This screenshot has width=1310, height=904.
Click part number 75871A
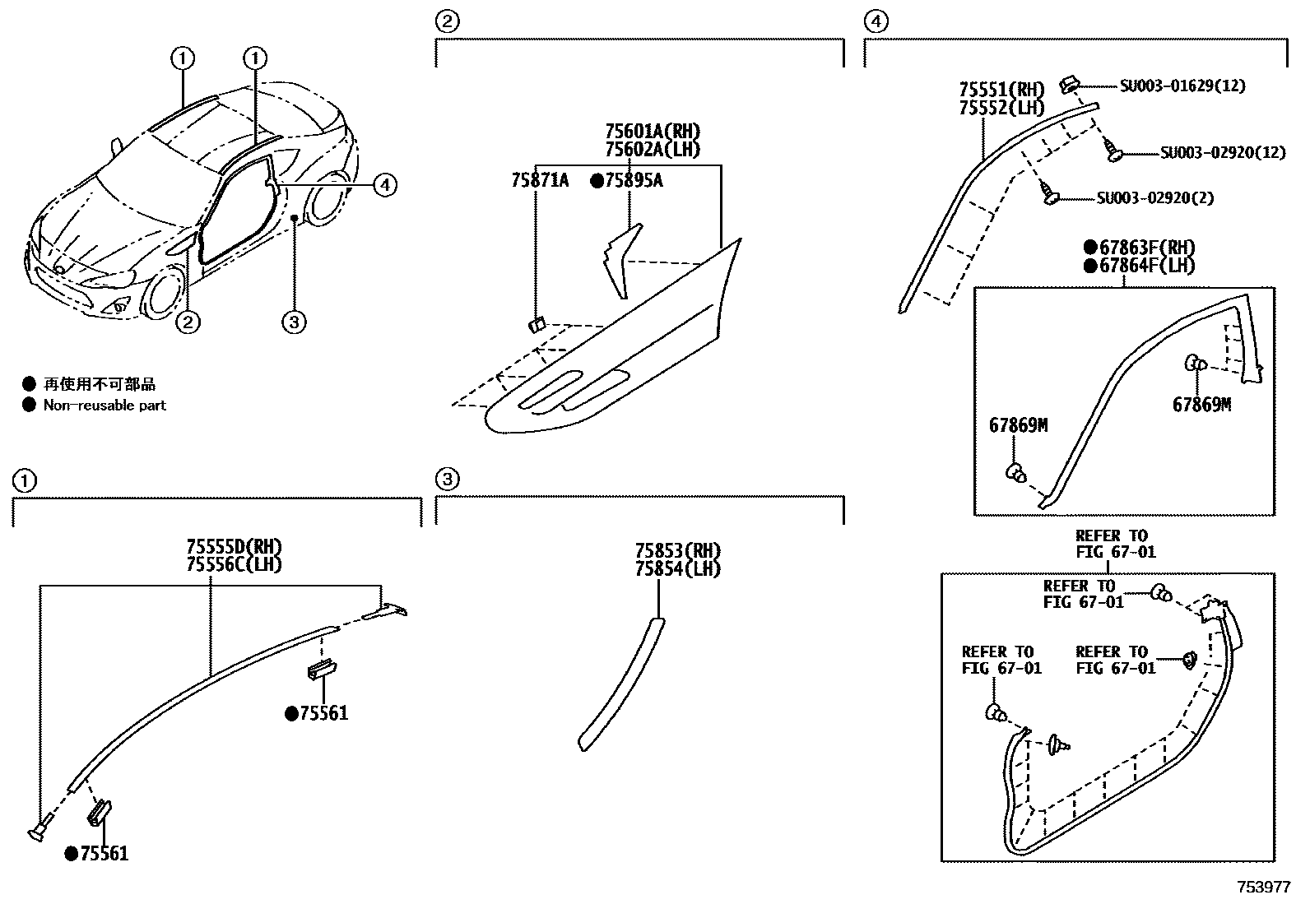(x=540, y=181)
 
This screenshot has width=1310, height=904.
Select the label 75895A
(x=633, y=181)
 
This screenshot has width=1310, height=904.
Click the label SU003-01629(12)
(x=1182, y=86)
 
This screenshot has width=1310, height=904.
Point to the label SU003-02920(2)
(x=1154, y=198)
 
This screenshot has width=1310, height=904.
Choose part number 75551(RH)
(x=1001, y=90)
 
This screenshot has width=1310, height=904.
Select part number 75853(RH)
(x=677, y=551)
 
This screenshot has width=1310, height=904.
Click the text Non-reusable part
(x=105, y=405)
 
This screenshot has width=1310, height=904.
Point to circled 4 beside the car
(x=383, y=185)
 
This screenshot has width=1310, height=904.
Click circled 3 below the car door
(x=293, y=322)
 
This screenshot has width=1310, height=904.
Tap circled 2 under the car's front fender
(x=188, y=322)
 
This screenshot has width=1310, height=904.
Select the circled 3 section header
(x=445, y=479)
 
